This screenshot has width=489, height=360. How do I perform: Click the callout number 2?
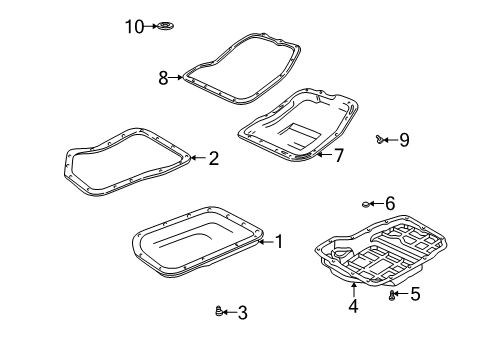click(212, 157)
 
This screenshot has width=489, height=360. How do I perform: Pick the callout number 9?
click(404, 140)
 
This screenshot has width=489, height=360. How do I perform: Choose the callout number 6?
click(390, 203)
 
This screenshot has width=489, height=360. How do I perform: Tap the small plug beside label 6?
click(366, 204)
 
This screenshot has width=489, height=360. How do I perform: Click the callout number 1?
click(279, 240)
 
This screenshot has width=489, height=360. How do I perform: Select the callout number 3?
click(242, 312)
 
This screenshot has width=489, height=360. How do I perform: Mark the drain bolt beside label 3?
click(220, 312)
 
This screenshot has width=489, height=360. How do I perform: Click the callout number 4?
click(352, 306)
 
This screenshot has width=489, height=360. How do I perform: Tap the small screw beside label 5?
click(392, 294)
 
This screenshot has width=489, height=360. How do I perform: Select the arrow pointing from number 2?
click(197, 157)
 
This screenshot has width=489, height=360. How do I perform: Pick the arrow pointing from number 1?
click(265, 240)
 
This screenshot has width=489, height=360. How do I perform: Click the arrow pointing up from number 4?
click(352, 291)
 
